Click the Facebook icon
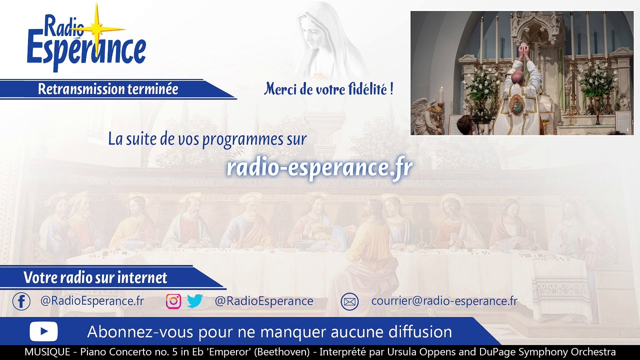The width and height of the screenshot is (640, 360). click(21, 301)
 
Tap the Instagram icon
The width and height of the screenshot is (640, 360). click(173, 301)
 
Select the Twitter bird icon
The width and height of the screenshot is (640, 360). click(194, 301)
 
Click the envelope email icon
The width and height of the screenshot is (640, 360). click(349, 301)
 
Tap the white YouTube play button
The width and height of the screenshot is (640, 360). click(43, 331)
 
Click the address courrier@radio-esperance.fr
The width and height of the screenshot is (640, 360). click(444, 301)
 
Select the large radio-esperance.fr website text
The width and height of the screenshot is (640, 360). click(319, 167)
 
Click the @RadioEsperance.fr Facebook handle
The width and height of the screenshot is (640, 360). click(92, 301)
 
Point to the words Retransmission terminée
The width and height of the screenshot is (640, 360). click(108, 89)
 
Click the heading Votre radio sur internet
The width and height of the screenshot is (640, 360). click(95, 277)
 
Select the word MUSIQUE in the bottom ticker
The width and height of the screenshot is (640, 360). click(47, 352)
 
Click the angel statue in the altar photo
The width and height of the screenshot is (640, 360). click(426, 116)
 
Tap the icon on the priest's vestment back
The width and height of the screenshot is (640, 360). click(517, 105)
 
